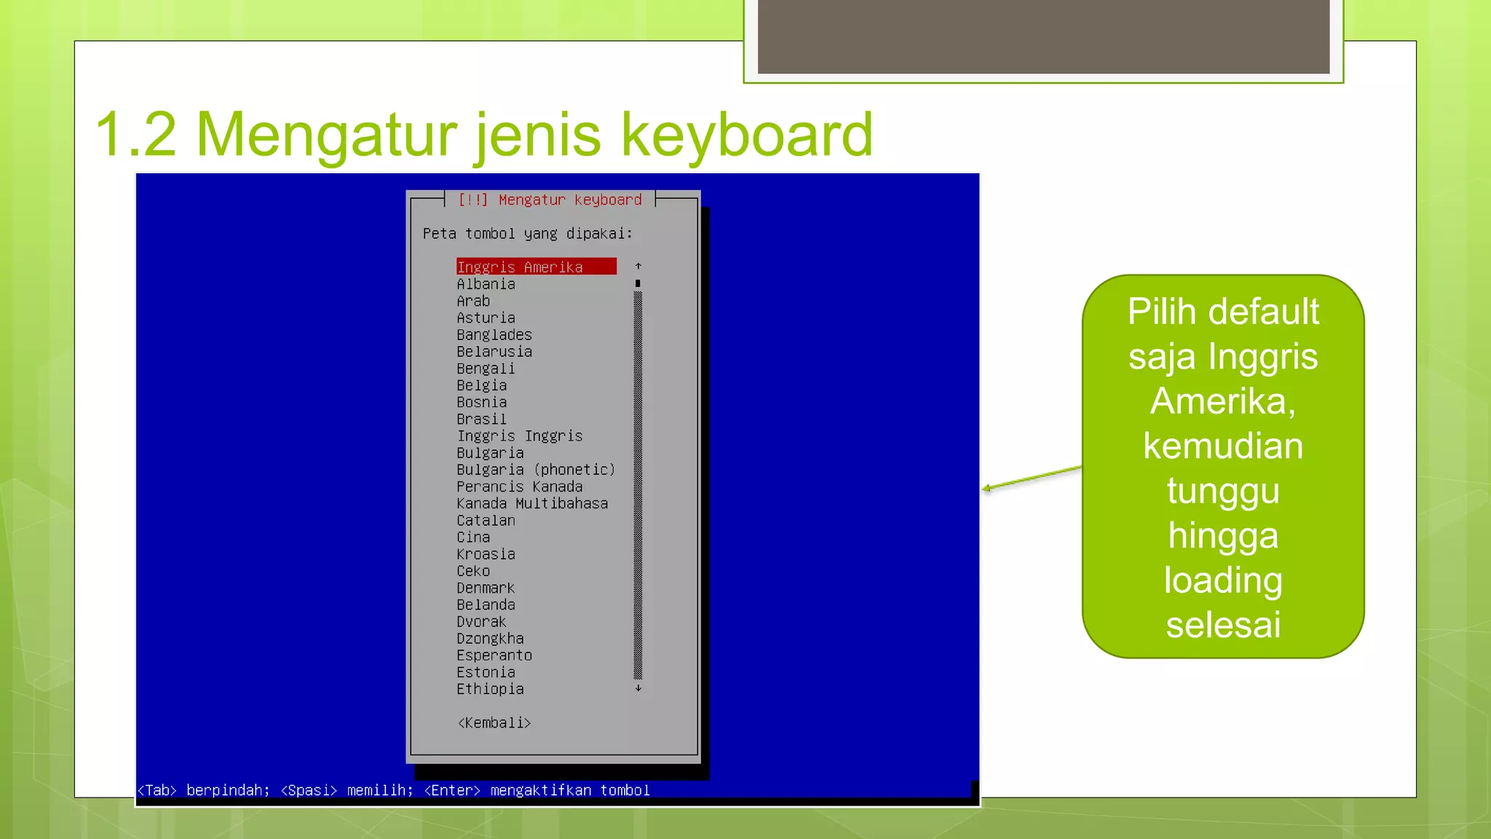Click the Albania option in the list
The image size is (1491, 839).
coord(486,284)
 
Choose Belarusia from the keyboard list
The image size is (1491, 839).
coord(494,352)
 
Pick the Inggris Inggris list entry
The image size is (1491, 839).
coord(520,436)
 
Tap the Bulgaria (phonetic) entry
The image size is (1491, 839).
coord(536,470)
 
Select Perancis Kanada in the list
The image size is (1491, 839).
coord(520,487)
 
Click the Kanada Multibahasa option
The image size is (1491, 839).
coord(532,503)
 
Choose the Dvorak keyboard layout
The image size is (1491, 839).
coord(481,622)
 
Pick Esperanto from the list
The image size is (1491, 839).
coord(494,655)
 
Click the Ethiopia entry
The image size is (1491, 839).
coord(490,689)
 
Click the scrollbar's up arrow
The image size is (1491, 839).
coord(638,267)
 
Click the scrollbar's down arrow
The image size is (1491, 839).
coord(638,688)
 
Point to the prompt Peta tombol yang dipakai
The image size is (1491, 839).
coord(528,234)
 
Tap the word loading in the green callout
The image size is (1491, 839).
coord(1223,580)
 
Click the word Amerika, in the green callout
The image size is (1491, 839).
coord(1223,401)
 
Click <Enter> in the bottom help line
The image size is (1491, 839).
coord(452,790)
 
